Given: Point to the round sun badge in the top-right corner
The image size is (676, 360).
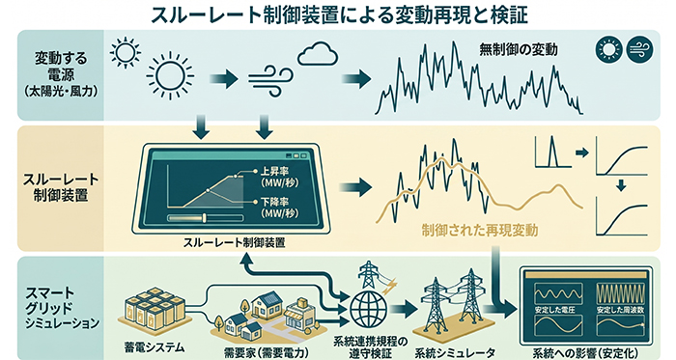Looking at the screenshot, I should pyautogui.click(x=609, y=49).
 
